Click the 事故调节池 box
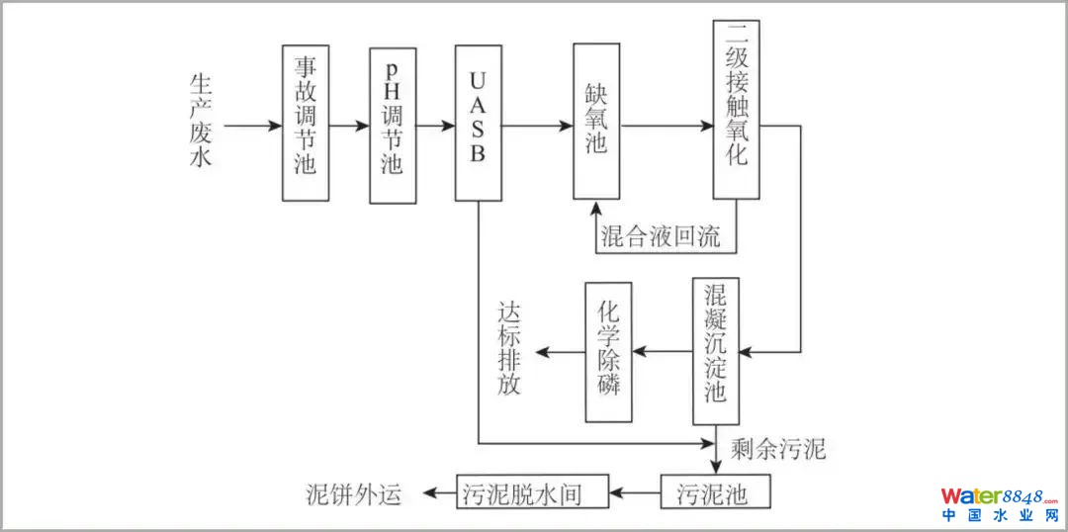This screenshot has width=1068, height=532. [x=306, y=124]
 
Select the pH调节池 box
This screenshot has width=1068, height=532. [x=393, y=126]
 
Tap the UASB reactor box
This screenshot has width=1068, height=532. [x=478, y=123]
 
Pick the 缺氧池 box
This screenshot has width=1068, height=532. [x=596, y=124]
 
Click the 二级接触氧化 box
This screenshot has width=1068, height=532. [x=736, y=109]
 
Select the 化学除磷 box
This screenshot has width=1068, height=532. [x=608, y=351]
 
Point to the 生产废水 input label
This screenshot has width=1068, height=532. [x=201, y=125]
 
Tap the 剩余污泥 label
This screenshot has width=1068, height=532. [x=777, y=450]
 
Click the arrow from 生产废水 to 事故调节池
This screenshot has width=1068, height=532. [x=252, y=127]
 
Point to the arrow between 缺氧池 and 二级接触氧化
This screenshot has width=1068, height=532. [x=667, y=127]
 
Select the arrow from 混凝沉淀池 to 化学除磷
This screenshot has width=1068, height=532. [x=662, y=352]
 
